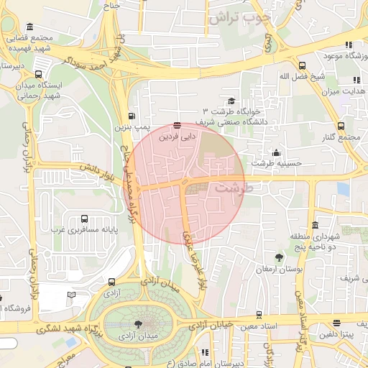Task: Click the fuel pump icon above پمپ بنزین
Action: pos(132,116)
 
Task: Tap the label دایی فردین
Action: pos(178,135)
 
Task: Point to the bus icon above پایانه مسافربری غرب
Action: pos(85,218)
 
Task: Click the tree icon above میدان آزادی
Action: pos(138,324)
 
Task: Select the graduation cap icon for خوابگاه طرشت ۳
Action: pos(231,101)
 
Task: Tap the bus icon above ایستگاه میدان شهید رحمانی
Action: pos(37,73)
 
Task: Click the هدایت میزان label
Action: pos(344,91)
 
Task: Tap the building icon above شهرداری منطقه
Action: pos(315,225)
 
